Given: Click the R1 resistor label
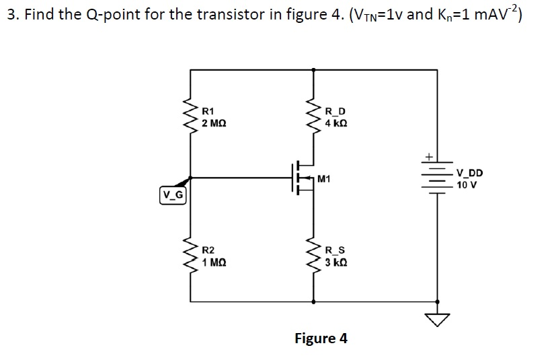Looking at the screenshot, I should click(x=208, y=110).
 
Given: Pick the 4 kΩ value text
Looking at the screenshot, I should click(x=335, y=123).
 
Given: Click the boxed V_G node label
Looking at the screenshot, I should click(x=173, y=196).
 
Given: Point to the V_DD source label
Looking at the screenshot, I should click(x=470, y=173).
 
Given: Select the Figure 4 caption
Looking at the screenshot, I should click(x=321, y=338).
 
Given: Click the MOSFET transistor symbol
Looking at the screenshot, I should click(x=304, y=178).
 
